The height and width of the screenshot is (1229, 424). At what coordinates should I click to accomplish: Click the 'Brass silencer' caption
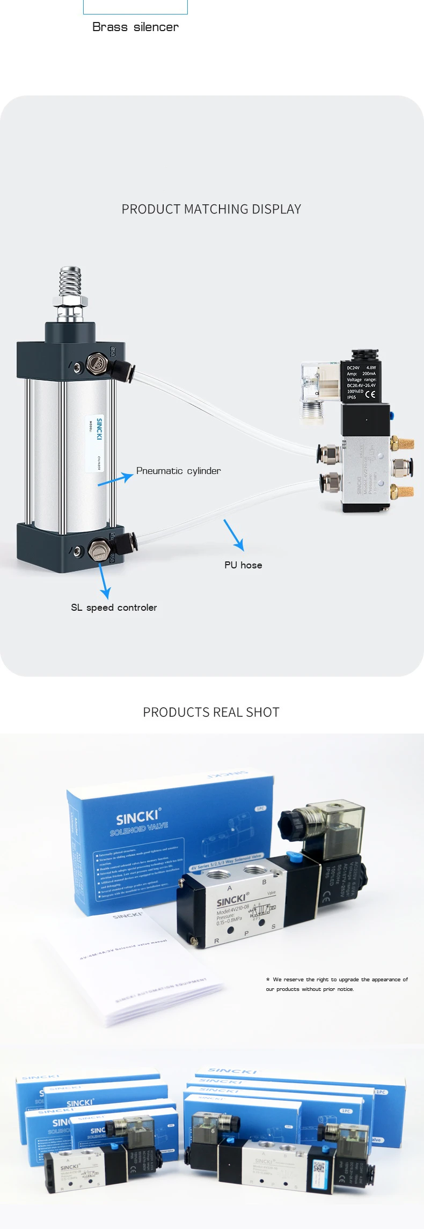point(135,27)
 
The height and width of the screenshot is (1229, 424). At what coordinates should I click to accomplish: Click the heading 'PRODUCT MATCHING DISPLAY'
point(211,209)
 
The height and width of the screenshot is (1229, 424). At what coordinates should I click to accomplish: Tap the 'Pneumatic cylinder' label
point(178,471)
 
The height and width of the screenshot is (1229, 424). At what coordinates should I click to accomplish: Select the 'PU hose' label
point(243,565)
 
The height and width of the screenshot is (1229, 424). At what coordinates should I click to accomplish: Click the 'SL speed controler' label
point(114,608)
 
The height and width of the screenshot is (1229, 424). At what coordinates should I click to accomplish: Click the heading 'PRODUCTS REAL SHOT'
point(211,712)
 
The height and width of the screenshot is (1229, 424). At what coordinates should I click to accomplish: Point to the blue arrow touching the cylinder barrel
point(115,479)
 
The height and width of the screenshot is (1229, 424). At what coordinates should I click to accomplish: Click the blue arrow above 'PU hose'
point(234,535)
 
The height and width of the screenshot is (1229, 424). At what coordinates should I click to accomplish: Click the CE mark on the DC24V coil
point(370,395)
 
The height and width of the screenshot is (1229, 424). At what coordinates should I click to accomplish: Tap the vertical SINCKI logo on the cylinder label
point(99,429)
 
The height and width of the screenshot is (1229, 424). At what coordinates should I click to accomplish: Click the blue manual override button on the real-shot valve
point(293,855)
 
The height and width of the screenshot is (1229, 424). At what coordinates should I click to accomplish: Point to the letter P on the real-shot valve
point(246,934)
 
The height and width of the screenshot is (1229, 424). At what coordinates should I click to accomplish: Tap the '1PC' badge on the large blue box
point(261,808)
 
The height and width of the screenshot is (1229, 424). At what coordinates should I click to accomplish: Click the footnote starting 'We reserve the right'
point(337,984)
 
